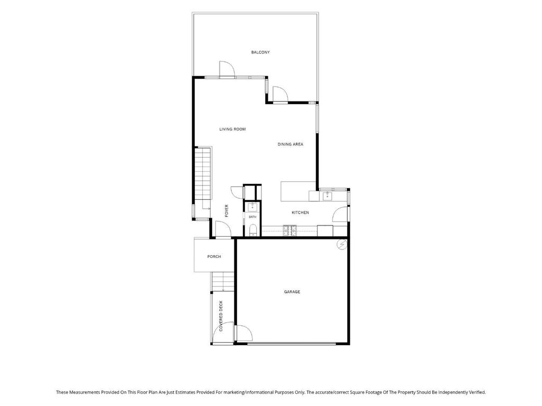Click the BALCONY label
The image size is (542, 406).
(x=260, y=52)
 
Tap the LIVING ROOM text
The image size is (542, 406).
(x=233, y=130)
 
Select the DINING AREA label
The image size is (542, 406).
(x=291, y=144)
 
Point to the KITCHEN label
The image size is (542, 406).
(x=301, y=213)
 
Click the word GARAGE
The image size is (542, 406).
(x=292, y=292)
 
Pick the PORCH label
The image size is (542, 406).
(x=214, y=257)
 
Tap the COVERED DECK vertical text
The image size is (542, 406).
(x=221, y=316)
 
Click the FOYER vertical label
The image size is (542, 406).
(x=227, y=211)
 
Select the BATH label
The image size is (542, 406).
(x=252, y=217)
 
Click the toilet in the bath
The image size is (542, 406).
(x=253, y=230)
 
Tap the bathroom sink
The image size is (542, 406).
(x=252, y=207)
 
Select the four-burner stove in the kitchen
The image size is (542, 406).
(x=290, y=230)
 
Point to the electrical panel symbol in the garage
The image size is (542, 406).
(x=342, y=245)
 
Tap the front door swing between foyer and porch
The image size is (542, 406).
(x=223, y=230)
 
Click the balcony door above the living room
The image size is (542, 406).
(x=227, y=69)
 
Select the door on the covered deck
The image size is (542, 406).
(x=227, y=334)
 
